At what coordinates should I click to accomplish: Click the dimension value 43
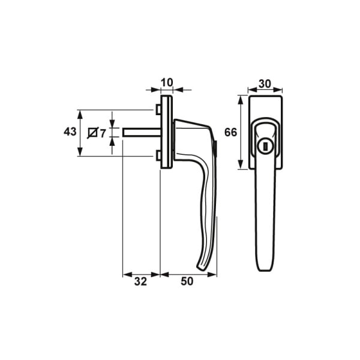(x=70, y=132)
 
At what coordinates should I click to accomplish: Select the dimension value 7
(x=103, y=133)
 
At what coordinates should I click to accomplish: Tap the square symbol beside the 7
(x=93, y=133)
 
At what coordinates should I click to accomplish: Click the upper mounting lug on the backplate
(x=157, y=110)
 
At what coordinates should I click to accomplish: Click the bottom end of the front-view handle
(x=264, y=267)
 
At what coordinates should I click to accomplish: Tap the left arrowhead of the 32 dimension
(x=125, y=275)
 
